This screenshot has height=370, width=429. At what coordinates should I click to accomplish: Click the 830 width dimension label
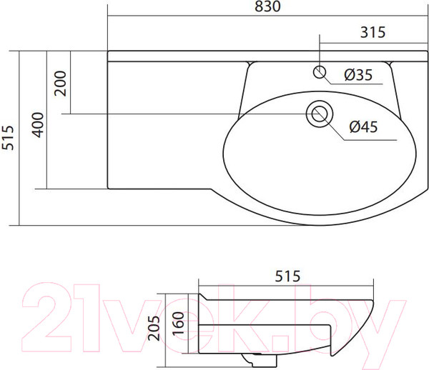click(267, 6)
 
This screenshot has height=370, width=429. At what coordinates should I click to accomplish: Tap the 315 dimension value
click(373, 32)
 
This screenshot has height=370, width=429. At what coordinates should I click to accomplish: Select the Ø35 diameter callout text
click(358, 74)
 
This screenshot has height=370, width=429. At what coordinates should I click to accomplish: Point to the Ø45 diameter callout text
click(363, 127)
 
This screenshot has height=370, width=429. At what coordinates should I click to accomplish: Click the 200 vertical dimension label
click(61, 84)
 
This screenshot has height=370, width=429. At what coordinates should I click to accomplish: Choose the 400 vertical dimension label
click(38, 125)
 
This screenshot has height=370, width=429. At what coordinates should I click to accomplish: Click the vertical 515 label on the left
click(8, 138)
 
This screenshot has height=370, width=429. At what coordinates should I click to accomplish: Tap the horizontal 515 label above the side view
click(287, 276)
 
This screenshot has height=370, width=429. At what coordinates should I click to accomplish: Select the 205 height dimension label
click(154, 328)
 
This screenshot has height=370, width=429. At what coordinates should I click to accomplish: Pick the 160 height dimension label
click(178, 324)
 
